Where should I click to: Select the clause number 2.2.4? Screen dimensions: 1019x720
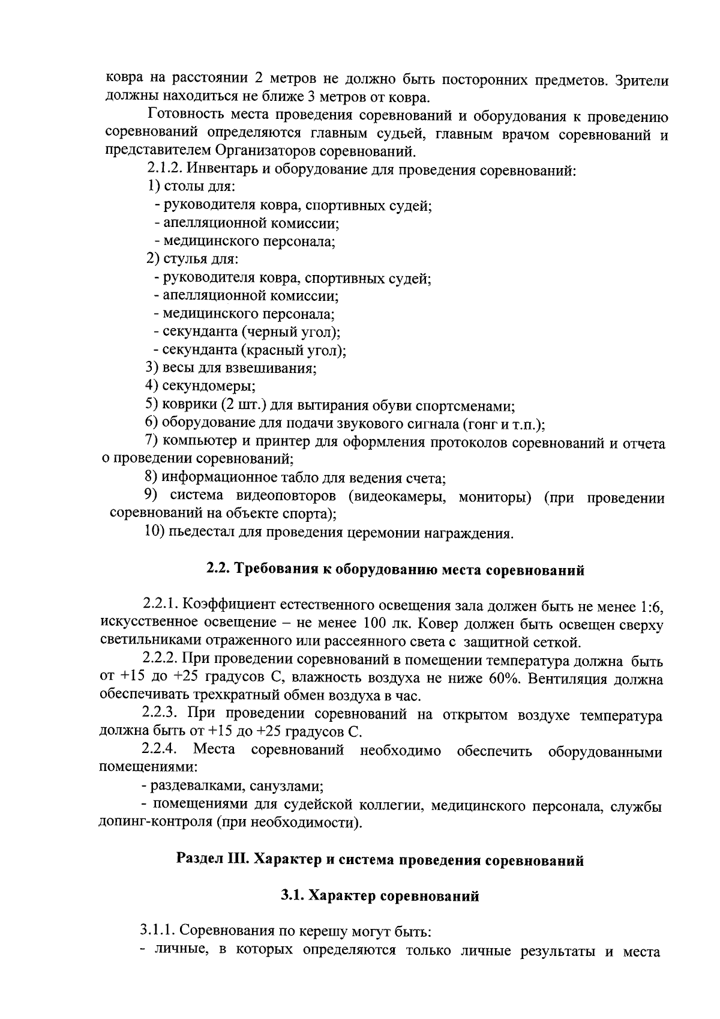(x=159, y=750)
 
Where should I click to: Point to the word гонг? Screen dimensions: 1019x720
(x=479, y=424)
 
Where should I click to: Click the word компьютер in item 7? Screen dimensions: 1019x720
(x=199, y=443)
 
